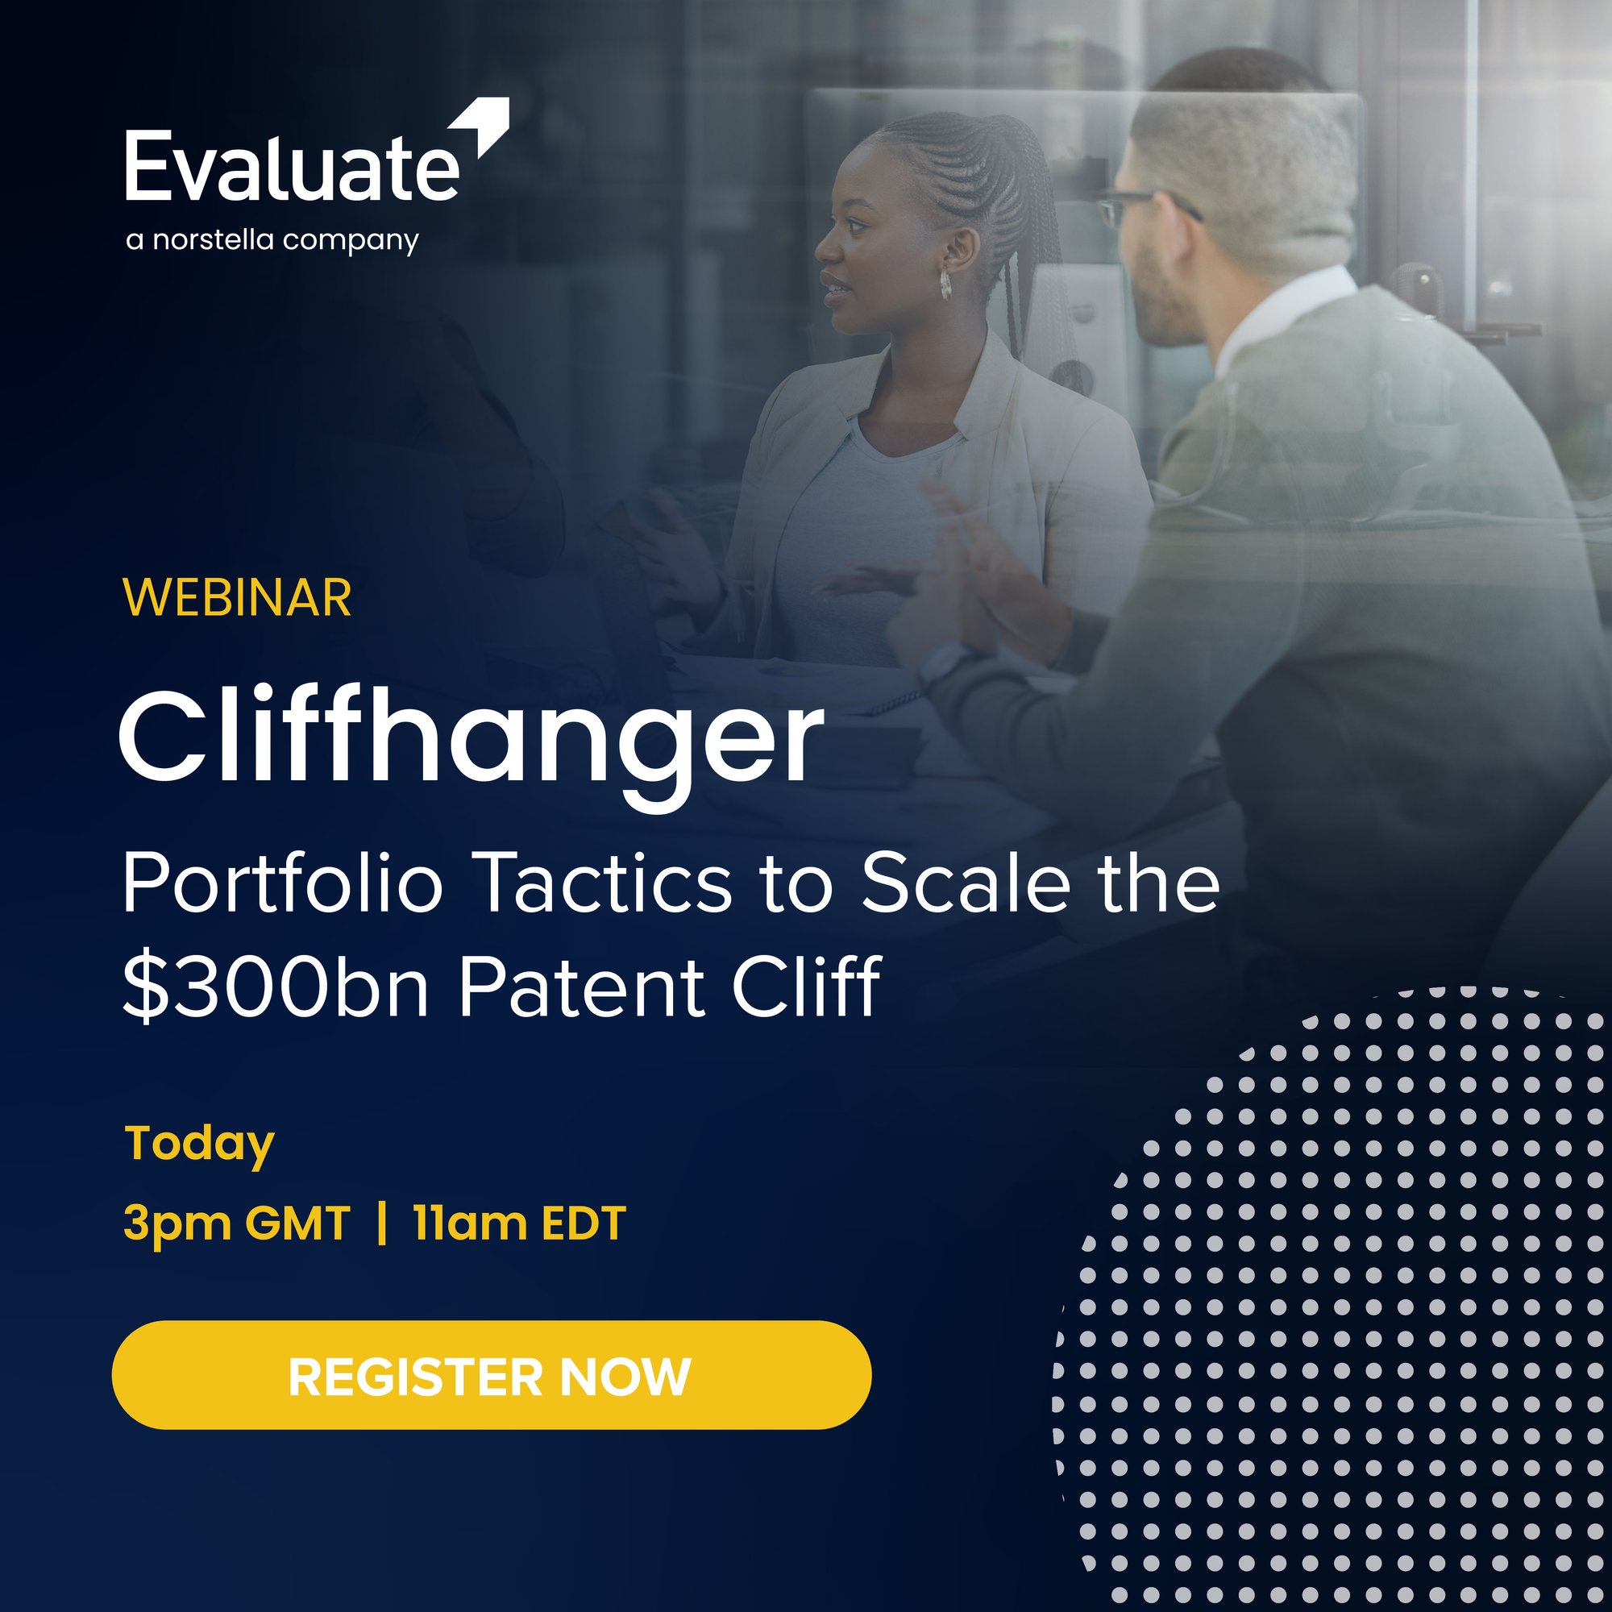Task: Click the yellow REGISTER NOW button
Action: coord(492,1376)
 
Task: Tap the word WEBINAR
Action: coord(238,597)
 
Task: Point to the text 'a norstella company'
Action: coord(272,240)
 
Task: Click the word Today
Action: coord(199,1144)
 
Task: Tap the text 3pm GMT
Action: coord(237,1224)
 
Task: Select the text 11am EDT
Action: coord(519,1224)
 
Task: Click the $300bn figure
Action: coord(276,987)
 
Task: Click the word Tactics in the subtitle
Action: coord(606,884)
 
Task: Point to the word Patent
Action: coord(579,987)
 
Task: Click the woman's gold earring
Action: coord(945,285)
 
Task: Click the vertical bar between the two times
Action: coord(382,1224)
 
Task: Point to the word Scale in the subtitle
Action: coord(966,884)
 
